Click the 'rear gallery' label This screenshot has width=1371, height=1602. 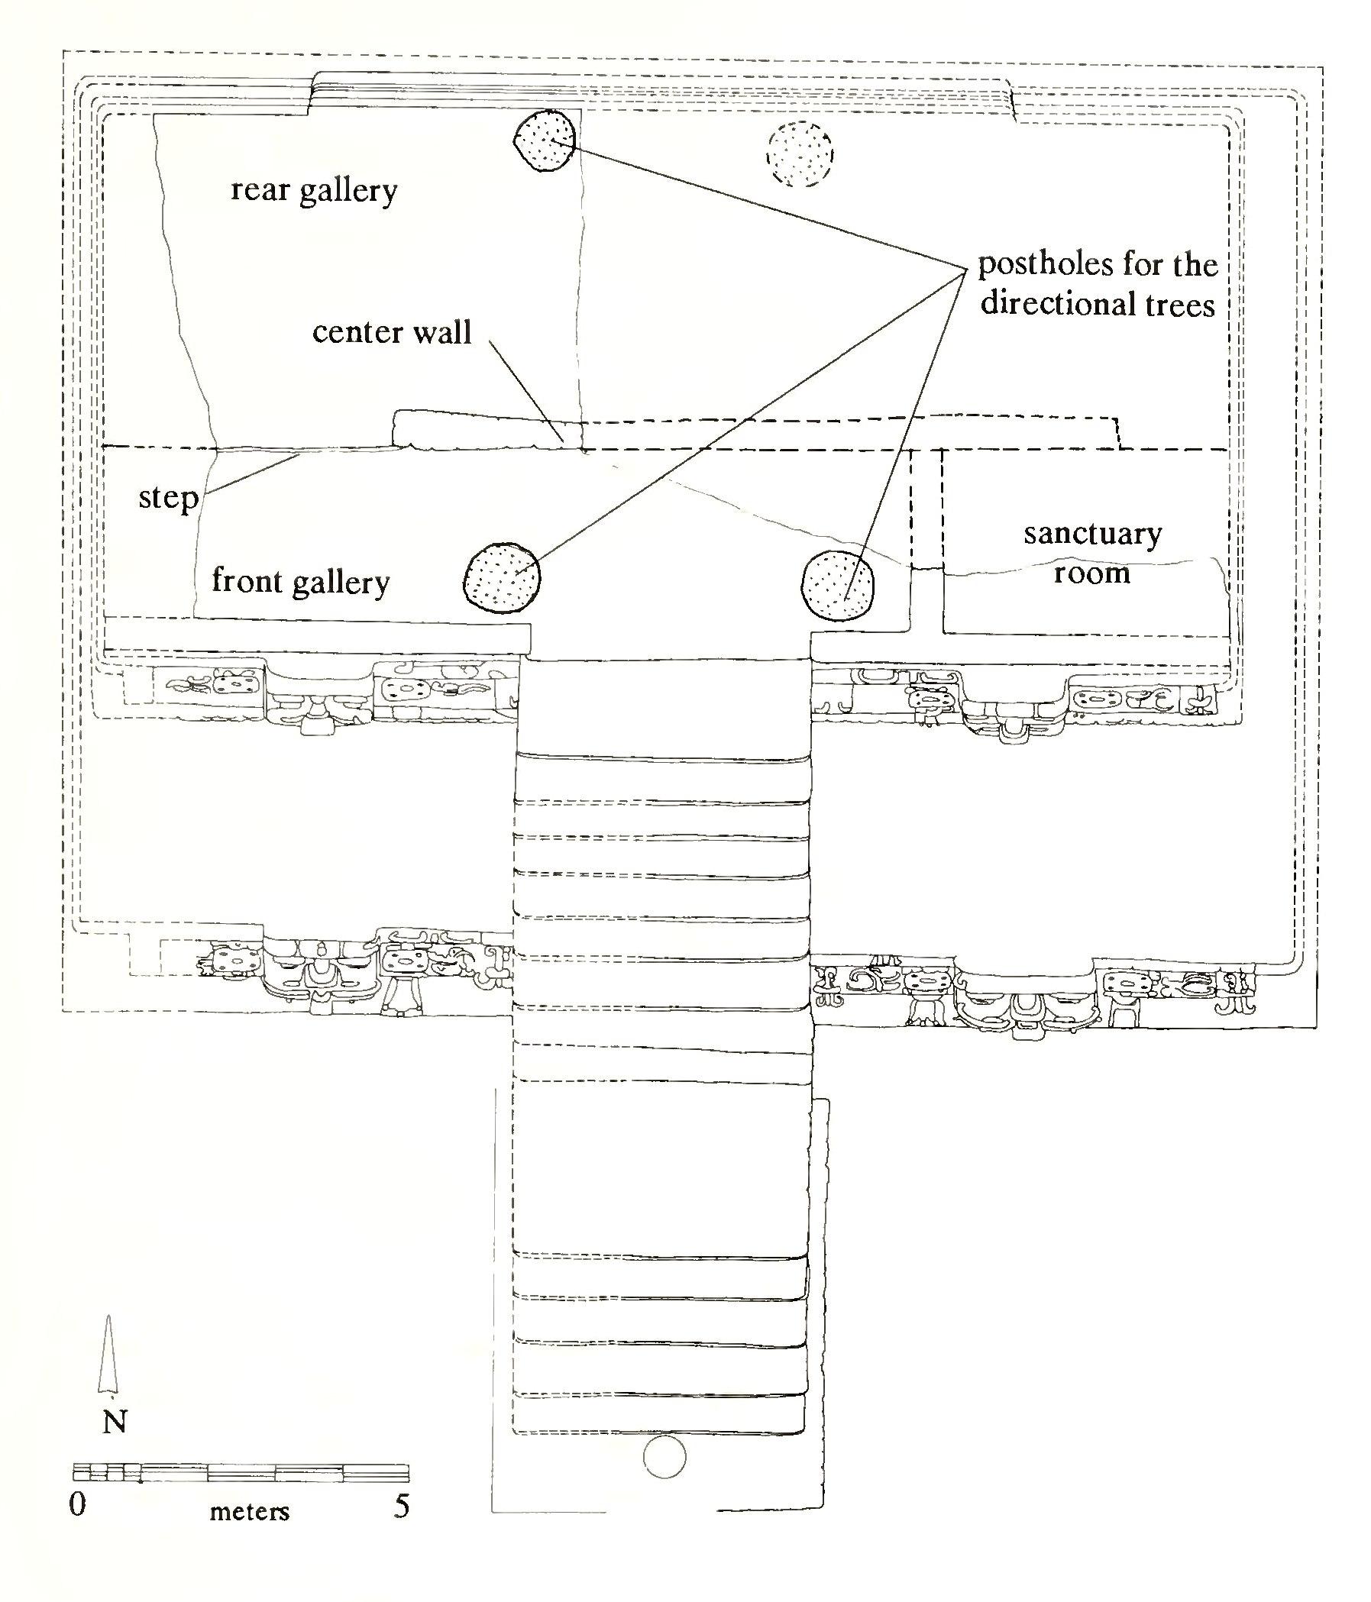pyautogui.click(x=314, y=190)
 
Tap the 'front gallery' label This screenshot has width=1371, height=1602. pyautogui.click(x=300, y=581)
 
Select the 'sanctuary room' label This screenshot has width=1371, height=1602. pyautogui.click(x=1092, y=554)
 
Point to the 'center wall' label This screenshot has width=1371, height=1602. pyautogui.click(x=391, y=332)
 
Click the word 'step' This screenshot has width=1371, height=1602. pyautogui.click(x=168, y=497)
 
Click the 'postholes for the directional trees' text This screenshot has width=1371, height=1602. pyautogui.click(x=1098, y=285)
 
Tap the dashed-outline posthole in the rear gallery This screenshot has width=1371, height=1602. pyautogui.click(x=800, y=155)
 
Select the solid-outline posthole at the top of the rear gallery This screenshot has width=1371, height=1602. pyautogui.click(x=545, y=140)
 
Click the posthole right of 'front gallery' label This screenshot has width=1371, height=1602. pyautogui.click(x=501, y=577)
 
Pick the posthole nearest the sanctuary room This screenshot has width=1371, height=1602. pyautogui.click(x=839, y=584)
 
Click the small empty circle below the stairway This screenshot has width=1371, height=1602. pyautogui.click(x=664, y=1458)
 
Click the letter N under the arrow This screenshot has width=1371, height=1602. pyautogui.click(x=115, y=1422)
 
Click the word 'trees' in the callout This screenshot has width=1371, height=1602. pyautogui.click(x=1175, y=305)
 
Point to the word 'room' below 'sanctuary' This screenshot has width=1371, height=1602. pyautogui.click(x=1092, y=573)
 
